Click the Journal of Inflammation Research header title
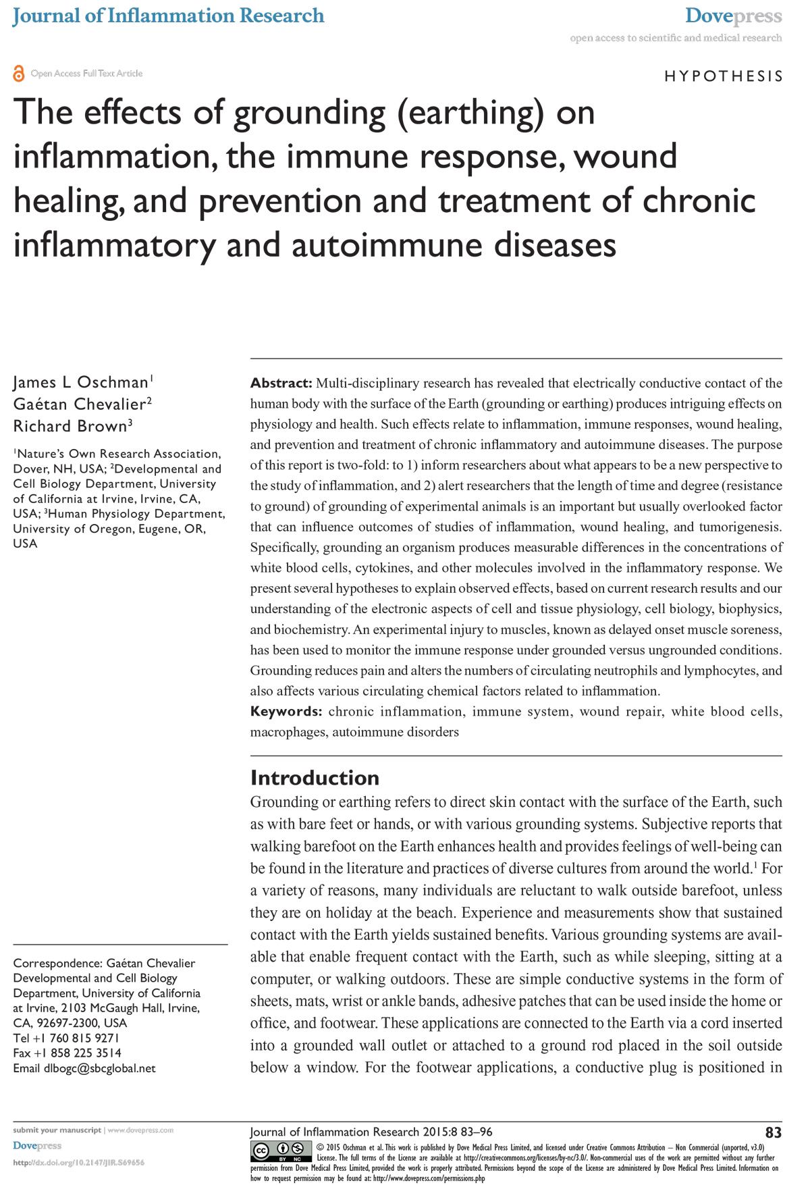[x=168, y=16]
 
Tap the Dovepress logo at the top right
[x=733, y=16]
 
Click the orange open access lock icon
[x=18, y=74]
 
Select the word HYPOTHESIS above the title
[x=724, y=76]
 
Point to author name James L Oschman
[x=81, y=382]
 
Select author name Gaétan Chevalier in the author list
[x=80, y=404]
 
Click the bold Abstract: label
[x=281, y=384]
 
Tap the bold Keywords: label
[x=286, y=712]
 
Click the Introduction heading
[x=315, y=778]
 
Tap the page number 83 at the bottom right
[x=773, y=1132]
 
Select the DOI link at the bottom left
[x=78, y=1163]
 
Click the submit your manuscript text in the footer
[x=57, y=1130]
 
